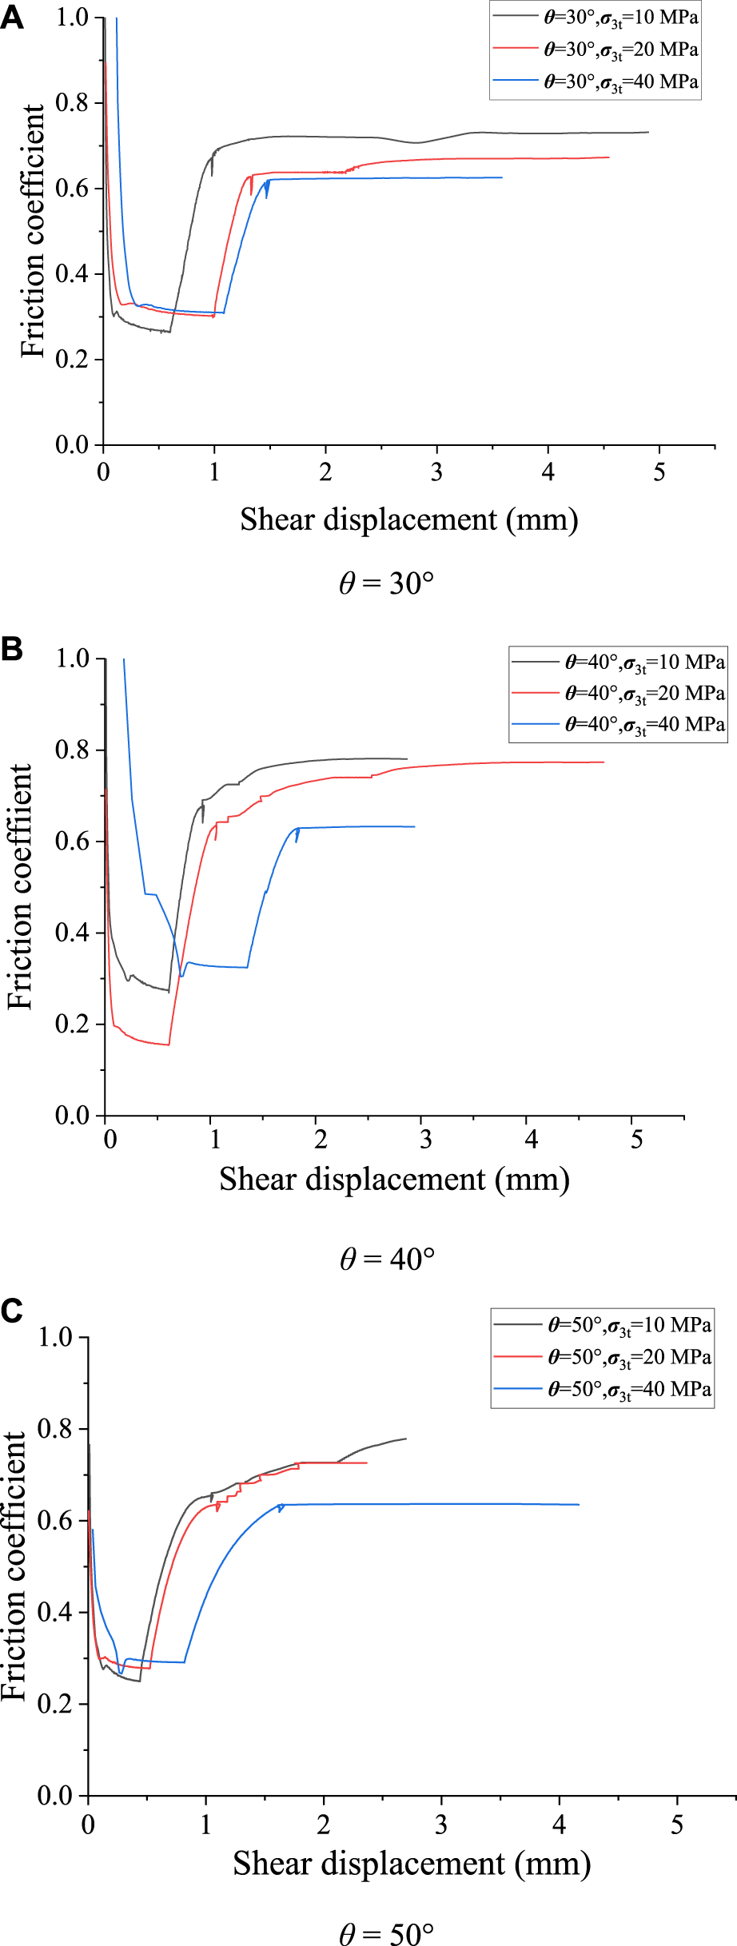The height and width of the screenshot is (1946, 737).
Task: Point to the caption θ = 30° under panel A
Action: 386,583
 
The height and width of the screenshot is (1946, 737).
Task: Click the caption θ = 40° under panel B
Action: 387,1259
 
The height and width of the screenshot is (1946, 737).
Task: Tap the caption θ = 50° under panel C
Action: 386,1933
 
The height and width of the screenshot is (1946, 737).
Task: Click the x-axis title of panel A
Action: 408,519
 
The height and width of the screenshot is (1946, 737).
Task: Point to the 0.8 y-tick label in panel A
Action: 72,102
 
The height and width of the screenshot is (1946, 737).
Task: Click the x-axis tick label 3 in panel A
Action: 436,473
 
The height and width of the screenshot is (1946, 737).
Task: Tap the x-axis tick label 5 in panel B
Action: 636,1140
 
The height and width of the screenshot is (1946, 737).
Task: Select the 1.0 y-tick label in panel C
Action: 56,1337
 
